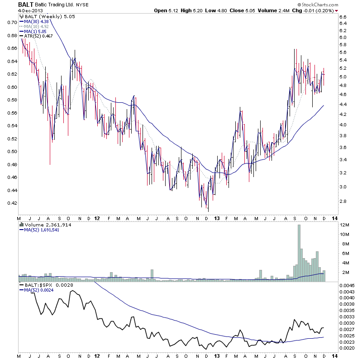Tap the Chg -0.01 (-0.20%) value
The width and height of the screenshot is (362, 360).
coord(319,10)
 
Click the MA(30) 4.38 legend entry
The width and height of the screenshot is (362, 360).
coord(36,21)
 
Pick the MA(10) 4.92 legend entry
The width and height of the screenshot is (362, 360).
coord(36,27)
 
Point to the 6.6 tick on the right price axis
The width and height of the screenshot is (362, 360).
coord(342,17)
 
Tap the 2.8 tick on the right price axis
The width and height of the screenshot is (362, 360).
coord(342,201)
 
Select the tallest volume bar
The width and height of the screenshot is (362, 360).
coord(299,254)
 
